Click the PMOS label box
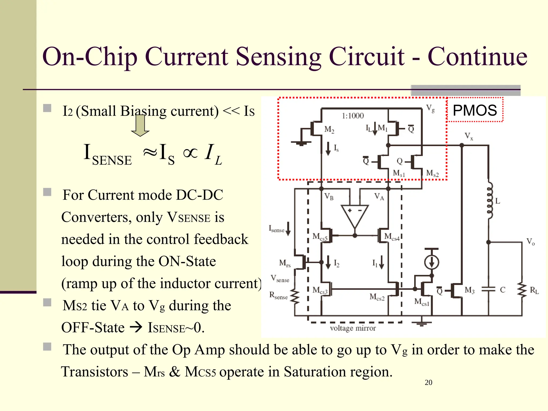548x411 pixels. pyautogui.click(x=475, y=110)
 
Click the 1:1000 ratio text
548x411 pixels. pyautogui.click(x=353, y=116)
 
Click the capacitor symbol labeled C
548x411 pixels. pyautogui.click(x=488, y=290)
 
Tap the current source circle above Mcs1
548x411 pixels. pyautogui.click(x=431, y=262)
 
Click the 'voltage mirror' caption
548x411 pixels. pyautogui.click(x=353, y=328)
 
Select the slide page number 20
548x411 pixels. pyautogui.click(x=428, y=382)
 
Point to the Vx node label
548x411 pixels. pyautogui.click(x=469, y=136)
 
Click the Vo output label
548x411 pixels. pyautogui.click(x=530, y=242)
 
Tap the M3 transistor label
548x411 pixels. pyautogui.click(x=469, y=290)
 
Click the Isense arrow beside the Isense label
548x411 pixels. pyautogui.click(x=288, y=229)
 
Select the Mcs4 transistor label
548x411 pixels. pyautogui.click(x=391, y=237)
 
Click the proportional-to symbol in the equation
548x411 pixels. pyautogui.click(x=190, y=153)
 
